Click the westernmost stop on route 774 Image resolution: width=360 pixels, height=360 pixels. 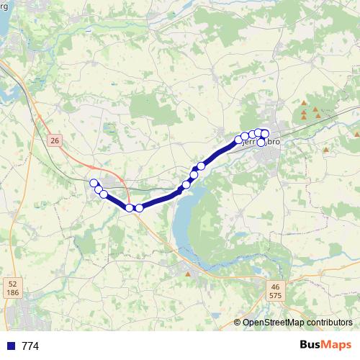94,183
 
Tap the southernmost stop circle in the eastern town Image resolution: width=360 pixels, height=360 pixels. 261,142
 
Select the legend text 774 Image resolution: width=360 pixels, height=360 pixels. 30,346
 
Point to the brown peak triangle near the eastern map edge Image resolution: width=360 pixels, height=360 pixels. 356,134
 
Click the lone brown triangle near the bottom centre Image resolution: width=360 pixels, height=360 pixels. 189,274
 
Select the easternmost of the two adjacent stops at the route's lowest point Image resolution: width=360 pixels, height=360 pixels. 139,208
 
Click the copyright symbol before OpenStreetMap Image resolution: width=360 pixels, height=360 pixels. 237,323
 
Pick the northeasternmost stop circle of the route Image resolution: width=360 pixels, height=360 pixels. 265,132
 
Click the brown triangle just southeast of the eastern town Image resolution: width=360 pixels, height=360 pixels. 326,150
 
